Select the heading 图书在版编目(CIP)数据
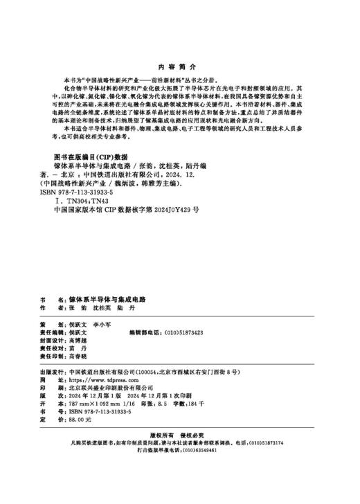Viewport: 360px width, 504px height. pos(91,176)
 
